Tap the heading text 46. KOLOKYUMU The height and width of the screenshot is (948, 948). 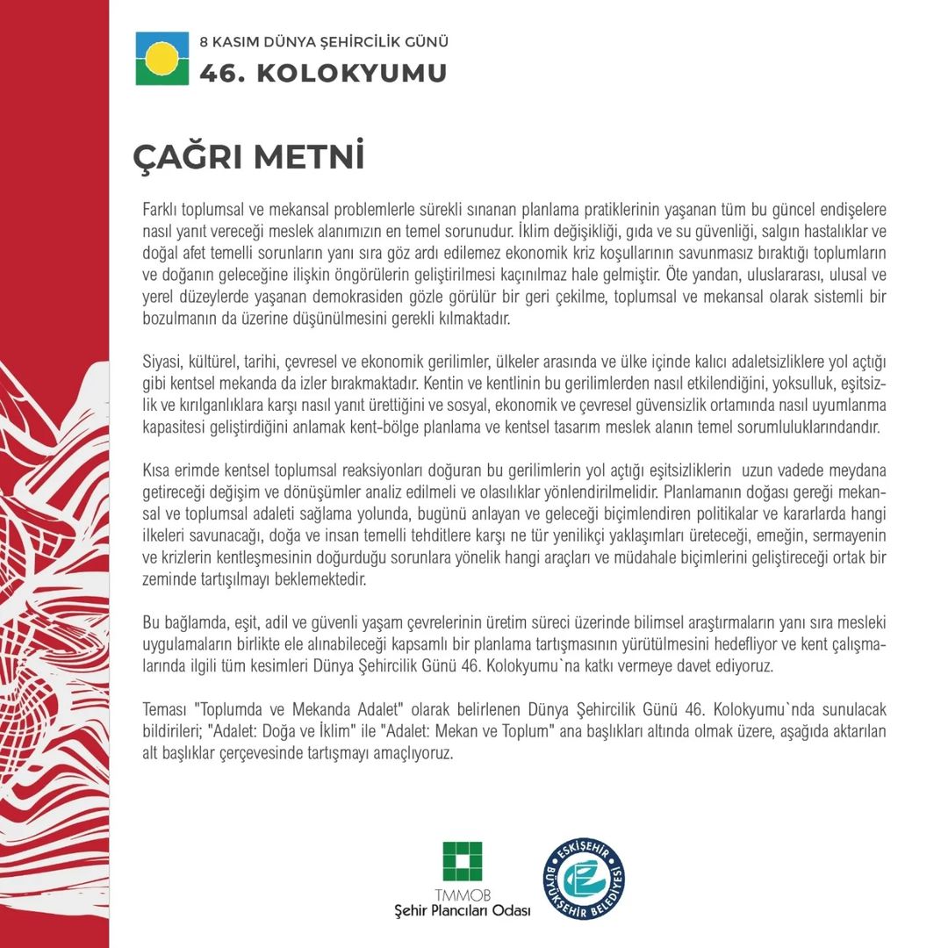(323, 73)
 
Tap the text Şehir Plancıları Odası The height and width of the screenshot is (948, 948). (463, 910)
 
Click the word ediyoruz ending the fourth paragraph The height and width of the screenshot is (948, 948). (744, 666)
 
